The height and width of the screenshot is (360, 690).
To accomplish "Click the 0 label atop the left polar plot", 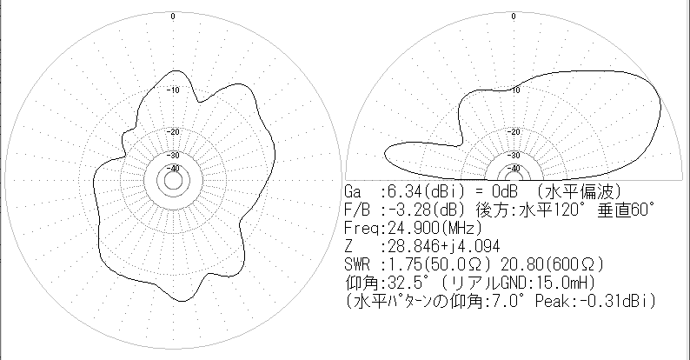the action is pyautogui.click(x=173, y=17).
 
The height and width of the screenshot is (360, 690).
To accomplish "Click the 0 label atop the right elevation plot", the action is pyautogui.click(x=514, y=17).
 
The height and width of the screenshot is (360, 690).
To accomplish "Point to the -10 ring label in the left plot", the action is pyautogui.click(x=174, y=90).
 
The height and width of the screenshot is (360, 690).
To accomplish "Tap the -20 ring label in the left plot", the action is pyautogui.click(x=174, y=131).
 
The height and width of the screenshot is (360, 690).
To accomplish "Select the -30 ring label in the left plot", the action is pyautogui.click(x=174, y=155).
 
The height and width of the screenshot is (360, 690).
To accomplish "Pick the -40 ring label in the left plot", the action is pyautogui.click(x=174, y=168).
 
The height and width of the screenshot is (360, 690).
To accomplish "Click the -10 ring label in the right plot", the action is pyautogui.click(x=514, y=90).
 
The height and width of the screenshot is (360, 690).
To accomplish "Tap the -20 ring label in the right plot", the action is pyautogui.click(x=514, y=131).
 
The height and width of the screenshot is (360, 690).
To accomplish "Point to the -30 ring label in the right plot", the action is pyautogui.click(x=514, y=155).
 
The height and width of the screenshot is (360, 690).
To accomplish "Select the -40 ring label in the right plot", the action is pyautogui.click(x=514, y=168).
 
